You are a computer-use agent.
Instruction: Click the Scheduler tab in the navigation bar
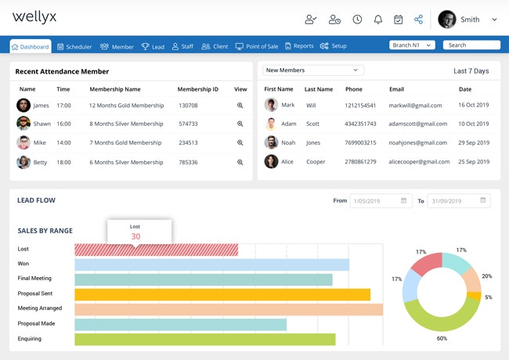[74, 47]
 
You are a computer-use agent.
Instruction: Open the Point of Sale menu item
[257, 47]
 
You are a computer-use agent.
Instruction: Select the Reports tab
[299, 47]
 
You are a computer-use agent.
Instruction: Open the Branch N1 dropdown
[412, 45]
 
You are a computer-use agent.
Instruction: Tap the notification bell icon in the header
[378, 20]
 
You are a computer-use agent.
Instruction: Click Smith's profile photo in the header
[447, 20]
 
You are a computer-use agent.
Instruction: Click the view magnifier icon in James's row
[240, 105]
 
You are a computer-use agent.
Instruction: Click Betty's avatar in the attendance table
[23, 162]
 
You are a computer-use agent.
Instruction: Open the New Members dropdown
[313, 70]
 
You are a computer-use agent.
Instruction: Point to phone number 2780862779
[365, 161]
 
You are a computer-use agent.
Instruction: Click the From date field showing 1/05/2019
[381, 201]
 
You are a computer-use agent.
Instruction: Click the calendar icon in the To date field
[482, 201]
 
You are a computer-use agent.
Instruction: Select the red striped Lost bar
[157, 250]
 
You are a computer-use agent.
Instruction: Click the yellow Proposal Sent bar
[222, 294]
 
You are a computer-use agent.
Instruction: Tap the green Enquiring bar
[205, 339]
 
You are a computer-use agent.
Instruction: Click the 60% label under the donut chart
[442, 338]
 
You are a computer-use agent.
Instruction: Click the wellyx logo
[35, 17]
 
